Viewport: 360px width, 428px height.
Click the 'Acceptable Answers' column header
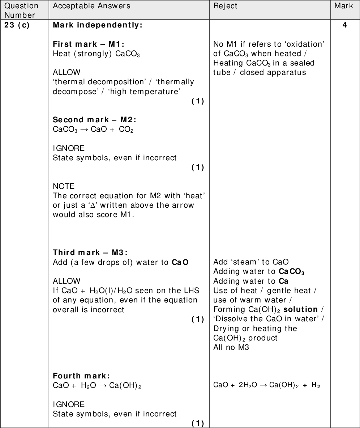pyautogui.click(x=91, y=6)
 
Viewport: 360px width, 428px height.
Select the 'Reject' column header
pyautogui.click(x=225, y=6)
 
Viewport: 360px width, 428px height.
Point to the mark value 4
pyautogui.click(x=345, y=25)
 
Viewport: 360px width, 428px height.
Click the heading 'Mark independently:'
pyautogui.click(x=98, y=25)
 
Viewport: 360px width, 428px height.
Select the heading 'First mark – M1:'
pyautogui.click(x=89, y=44)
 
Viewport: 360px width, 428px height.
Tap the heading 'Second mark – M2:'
pyautogui.click(x=94, y=120)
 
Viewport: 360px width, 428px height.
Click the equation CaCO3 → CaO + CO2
pyautogui.click(x=93, y=130)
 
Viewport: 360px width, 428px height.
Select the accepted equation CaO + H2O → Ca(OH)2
pyautogui.click(x=97, y=386)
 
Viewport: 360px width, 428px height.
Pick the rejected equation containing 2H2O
pyautogui.click(x=267, y=385)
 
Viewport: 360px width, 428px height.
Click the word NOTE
pyautogui.click(x=64, y=186)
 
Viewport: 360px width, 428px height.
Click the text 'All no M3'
pyautogui.click(x=231, y=347)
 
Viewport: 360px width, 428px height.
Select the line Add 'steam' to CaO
pyautogui.click(x=251, y=262)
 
